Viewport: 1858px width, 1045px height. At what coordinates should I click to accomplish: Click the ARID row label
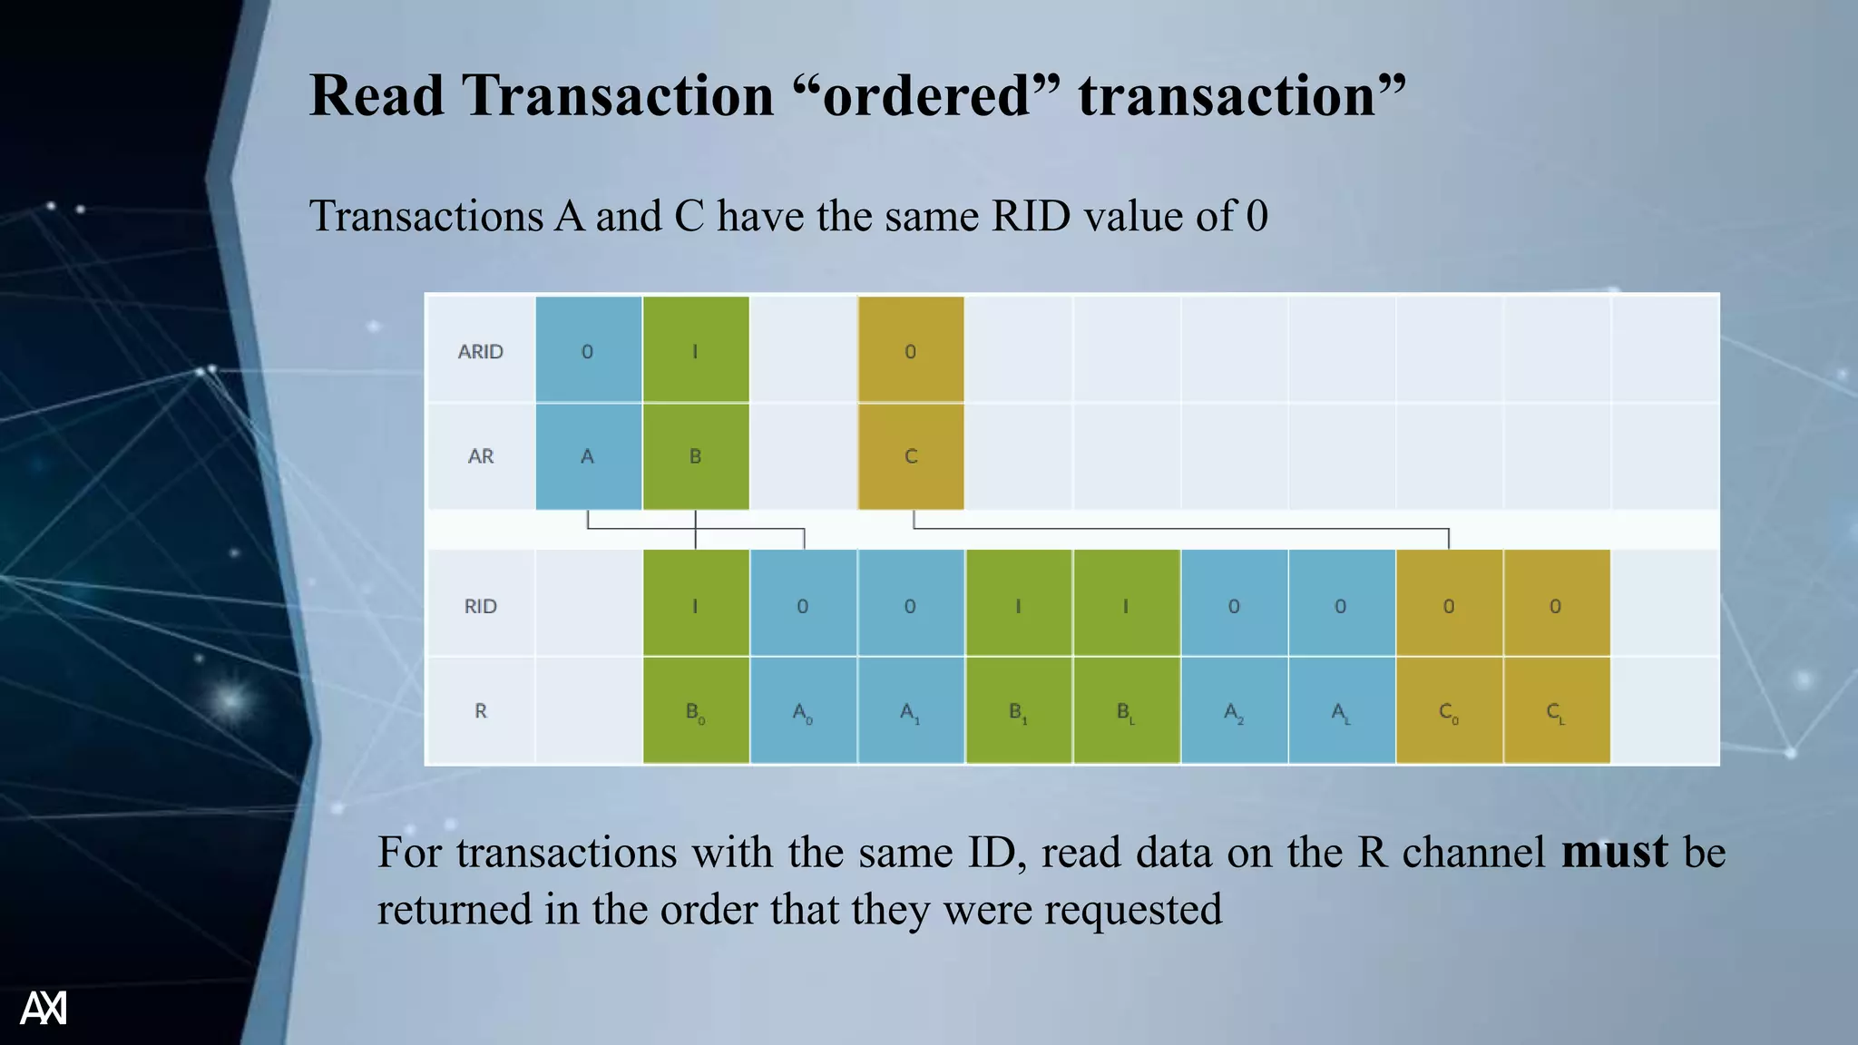click(x=480, y=351)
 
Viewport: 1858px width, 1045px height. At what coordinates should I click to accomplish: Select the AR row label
click(x=481, y=456)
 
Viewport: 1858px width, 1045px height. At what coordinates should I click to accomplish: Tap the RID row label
click(x=481, y=606)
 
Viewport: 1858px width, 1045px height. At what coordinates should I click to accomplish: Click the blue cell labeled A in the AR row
click(x=588, y=456)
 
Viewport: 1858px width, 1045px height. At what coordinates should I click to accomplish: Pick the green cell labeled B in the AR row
click(x=696, y=456)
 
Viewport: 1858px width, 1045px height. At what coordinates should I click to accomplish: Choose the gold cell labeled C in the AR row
click(x=911, y=456)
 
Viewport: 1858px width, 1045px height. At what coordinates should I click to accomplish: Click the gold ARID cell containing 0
click(x=911, y=351)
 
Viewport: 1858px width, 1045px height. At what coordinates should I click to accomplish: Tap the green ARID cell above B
click(x=696, y=351)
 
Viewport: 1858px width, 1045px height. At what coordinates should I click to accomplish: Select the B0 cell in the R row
click(x=696, y=711)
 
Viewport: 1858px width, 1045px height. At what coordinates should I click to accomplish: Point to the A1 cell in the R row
click(x=911, y=711)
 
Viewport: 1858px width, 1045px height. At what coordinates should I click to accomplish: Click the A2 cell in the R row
click(x=1234, y=711)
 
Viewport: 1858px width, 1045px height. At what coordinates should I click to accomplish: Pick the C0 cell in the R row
click(x=1449, y=711)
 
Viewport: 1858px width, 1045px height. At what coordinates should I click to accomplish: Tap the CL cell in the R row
click(x=1556, y=711)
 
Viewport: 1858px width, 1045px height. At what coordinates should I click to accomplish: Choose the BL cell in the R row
click(x=1126, y=711)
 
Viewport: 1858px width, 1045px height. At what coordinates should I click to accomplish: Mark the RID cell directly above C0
click(x=1449, y=606)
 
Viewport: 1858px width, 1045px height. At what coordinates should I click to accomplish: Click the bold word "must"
click(x=1614, y=852)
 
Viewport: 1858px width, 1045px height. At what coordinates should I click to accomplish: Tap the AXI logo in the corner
click(x=44, y=1008)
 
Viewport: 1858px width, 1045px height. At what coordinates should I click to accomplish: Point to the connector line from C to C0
click(x=1179, y=528)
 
